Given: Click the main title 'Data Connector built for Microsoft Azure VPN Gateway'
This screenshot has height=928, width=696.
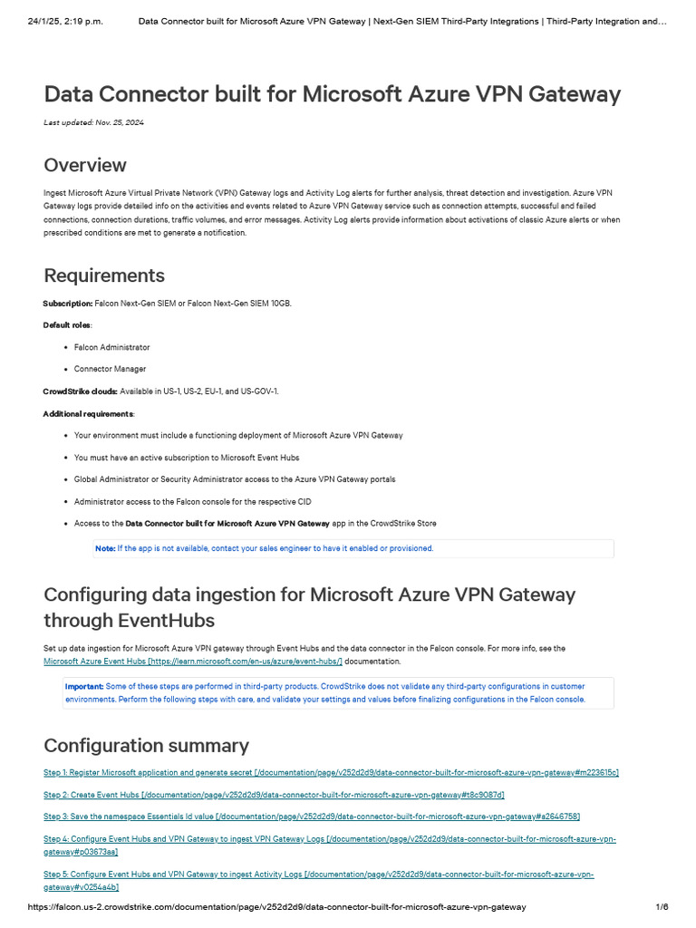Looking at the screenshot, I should [x=332, y=95].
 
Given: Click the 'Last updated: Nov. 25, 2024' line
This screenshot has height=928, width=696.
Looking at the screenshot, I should [x=93, y=122].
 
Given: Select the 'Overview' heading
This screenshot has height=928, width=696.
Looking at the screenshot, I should [x=85, y=165].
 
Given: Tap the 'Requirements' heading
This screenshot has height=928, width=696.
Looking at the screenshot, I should [x=104, y=275].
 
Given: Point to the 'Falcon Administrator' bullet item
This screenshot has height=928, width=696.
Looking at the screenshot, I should [x=111, y=347].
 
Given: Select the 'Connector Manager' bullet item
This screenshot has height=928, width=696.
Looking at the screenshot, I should [x=110, y=369].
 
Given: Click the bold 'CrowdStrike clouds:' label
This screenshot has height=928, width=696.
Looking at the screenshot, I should [x=81, y=391].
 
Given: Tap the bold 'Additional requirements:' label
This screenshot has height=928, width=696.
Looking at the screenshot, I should [x=87, y=413].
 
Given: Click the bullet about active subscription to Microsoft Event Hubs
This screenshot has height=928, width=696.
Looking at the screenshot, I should [x=186, y=458].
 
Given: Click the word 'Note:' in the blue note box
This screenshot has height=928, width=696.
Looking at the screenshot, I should [x=105, y=548].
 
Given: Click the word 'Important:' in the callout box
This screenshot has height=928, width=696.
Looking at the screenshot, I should [x=84, y=686].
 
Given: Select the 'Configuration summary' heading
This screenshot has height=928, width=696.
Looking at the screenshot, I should [x=146, y=746].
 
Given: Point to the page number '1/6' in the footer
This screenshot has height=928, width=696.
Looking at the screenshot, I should [x=662, y=907].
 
